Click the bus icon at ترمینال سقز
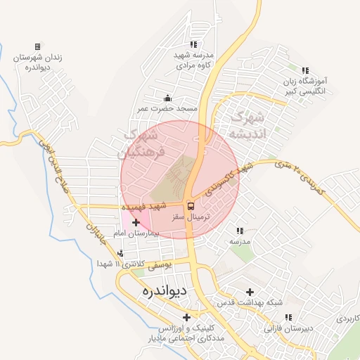point(191,205)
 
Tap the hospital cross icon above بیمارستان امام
point(135,222)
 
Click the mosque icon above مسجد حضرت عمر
point(167,98)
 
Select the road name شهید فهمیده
point(145,207)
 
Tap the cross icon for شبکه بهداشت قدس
point(250,292)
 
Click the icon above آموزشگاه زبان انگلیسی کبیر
point(304,71)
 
